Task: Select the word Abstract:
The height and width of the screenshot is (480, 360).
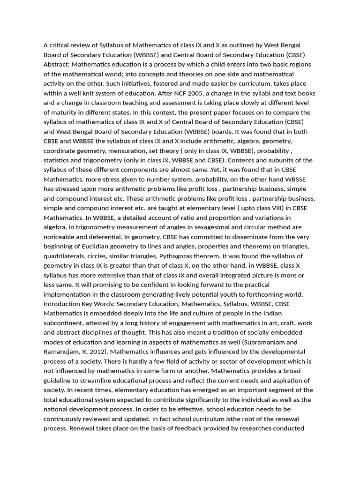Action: tap(58, 65)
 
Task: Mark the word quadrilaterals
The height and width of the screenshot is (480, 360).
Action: tap(66, 256)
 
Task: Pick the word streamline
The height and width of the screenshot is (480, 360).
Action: tap(96, 380)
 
